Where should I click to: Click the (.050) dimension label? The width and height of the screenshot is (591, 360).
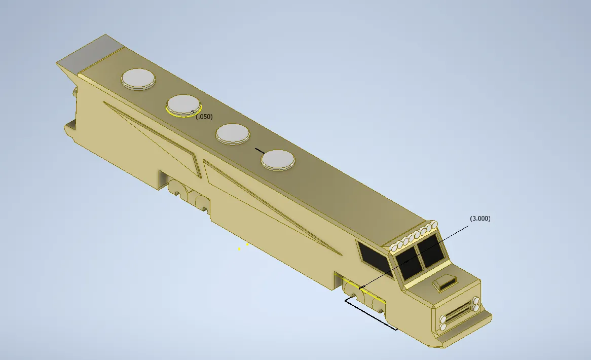[204, 117]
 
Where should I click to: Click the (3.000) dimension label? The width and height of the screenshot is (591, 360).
[480, 219]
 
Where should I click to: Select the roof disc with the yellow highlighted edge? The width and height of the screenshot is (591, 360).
[183, 104]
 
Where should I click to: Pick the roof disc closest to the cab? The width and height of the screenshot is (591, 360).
[278, 160]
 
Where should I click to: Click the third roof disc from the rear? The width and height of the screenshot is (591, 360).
[232, 134]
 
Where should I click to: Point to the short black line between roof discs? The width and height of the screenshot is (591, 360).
[260, 151]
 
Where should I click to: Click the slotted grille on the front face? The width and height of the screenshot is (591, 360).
[458, 313]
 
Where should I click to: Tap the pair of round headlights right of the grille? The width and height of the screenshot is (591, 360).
[475, 304]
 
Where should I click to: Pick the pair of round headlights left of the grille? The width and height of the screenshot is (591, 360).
[444, 323]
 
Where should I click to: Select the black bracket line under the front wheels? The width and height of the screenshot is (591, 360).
[370, 315]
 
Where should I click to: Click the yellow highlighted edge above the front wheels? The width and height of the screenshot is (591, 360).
[365, 292]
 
